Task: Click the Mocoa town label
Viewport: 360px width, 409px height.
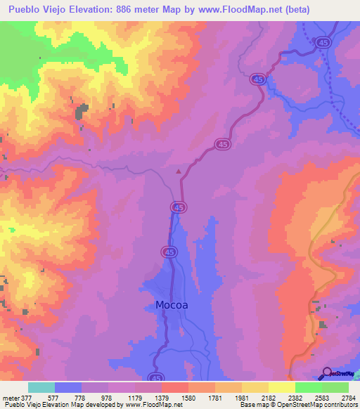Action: pyautogui.click(x=172, y=306)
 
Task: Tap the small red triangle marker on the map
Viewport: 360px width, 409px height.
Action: pyautogui.click(x=179, y=171)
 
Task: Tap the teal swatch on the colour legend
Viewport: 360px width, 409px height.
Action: pyautogui.click(x=41, y=388)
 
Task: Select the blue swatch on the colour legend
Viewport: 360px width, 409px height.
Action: pyautogui.click(x=68, y=388)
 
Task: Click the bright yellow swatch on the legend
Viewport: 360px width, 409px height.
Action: pyautogui.click(x=281, y=388)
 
